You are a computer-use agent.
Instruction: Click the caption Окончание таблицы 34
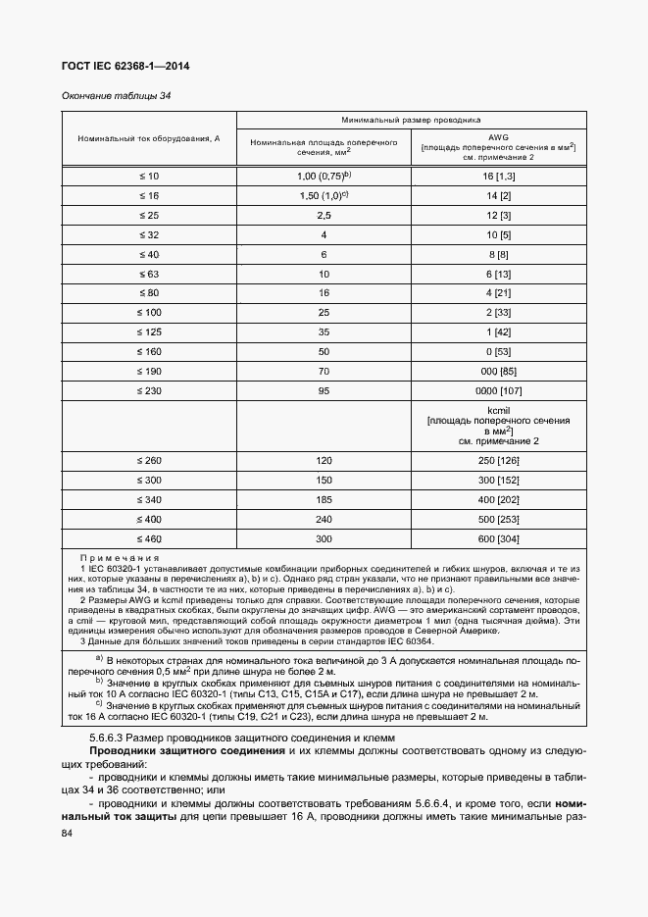103,96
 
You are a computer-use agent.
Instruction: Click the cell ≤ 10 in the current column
149,175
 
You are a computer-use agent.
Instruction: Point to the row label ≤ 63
149,274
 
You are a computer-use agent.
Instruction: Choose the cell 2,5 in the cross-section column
324,215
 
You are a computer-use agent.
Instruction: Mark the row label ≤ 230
149,390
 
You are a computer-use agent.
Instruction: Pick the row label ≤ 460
149,538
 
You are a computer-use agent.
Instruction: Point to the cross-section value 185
324,499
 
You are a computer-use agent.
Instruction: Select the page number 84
68,833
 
